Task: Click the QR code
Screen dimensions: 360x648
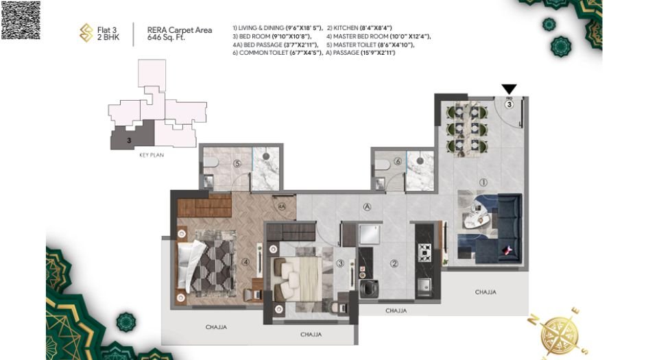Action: (x=21, y=20)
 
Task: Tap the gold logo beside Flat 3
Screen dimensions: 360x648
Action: (x=86, y=33)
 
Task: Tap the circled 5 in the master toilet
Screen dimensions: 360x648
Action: (x=237, y=164)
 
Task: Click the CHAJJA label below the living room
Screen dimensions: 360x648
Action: (x=485, y=292)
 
